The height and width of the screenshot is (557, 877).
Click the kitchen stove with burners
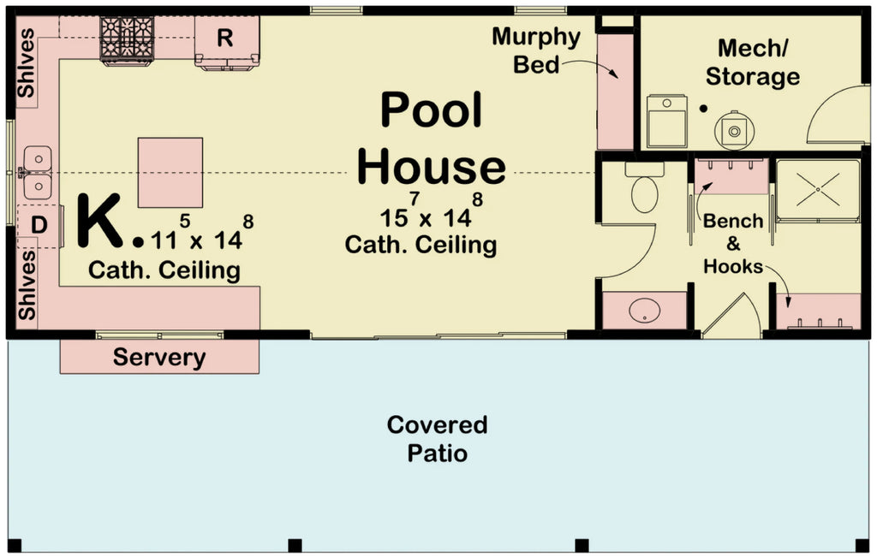(x=126, y=39)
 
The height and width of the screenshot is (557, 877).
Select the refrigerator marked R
(x=226, y=40)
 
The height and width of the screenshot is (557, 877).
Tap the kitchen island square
(x=170, y=172)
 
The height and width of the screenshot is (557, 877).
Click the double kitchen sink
(x=38, y=172)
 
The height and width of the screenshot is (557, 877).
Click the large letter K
(x=100, y=221)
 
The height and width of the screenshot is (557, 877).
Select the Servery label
(x=159, y=358)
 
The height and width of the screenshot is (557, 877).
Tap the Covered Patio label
(x=437, y=438)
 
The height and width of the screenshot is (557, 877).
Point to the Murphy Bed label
(x=536, y=50)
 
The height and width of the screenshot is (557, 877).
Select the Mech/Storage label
(x=752, y=62)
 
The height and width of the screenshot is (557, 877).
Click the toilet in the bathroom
(x=645, y=188)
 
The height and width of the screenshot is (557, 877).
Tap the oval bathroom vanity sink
(x=645, y=311)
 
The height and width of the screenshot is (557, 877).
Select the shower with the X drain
(x=817, y=190)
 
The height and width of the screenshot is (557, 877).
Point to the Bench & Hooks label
(x=733, y=244)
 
